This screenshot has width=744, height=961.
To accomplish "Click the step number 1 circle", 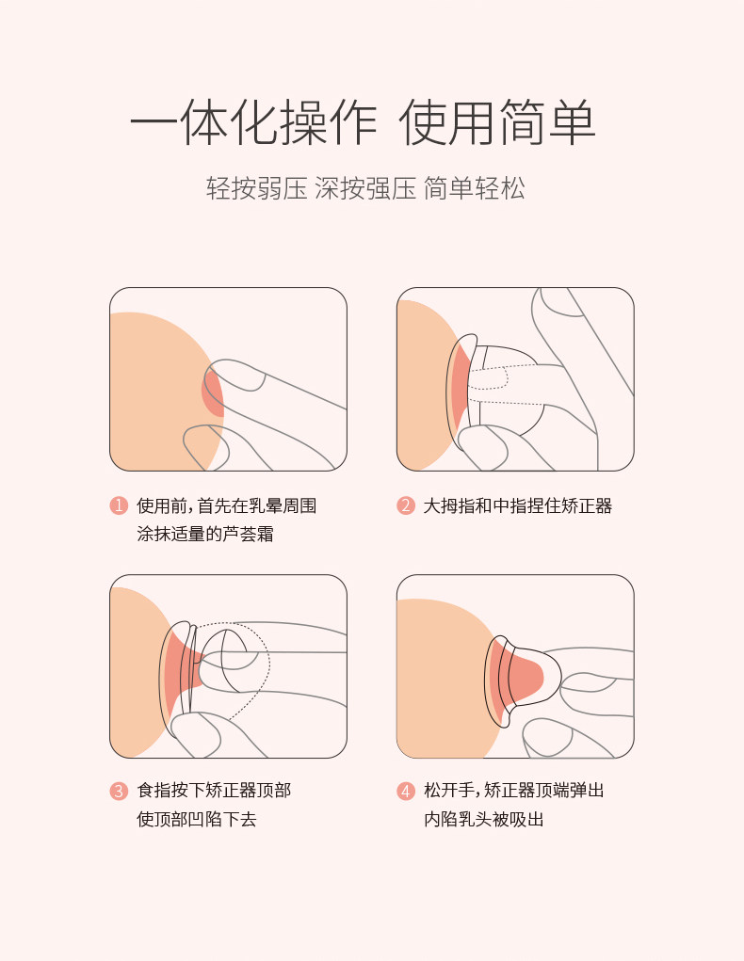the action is pos(119,505).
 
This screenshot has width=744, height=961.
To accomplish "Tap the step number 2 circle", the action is pos(405,505).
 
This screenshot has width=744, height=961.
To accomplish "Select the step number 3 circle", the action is pos(119,791).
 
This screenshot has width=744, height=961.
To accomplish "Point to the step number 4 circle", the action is pos(405,791).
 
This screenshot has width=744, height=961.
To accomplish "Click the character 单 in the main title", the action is pos(572,122).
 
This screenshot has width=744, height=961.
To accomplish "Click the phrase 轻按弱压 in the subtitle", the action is pos(256,188).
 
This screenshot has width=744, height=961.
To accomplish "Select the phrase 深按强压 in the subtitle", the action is pos(365,188).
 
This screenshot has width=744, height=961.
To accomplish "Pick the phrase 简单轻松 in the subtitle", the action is pos(474,188).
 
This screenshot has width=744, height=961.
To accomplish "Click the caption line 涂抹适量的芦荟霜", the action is pos(205,534).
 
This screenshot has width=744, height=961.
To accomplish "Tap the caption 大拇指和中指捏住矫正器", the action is pos(518,505).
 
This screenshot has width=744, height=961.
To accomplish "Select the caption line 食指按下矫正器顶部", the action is pos(214,791).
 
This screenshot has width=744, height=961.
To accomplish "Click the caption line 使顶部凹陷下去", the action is pos(196,819).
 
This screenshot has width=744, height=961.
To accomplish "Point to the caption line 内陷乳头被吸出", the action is pos(483,819).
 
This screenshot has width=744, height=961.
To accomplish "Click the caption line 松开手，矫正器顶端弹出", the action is pos(514,791).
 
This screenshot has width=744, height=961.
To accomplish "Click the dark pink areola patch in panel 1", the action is pos(212,393).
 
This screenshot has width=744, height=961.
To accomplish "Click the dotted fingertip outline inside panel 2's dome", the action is pos(489,378).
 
